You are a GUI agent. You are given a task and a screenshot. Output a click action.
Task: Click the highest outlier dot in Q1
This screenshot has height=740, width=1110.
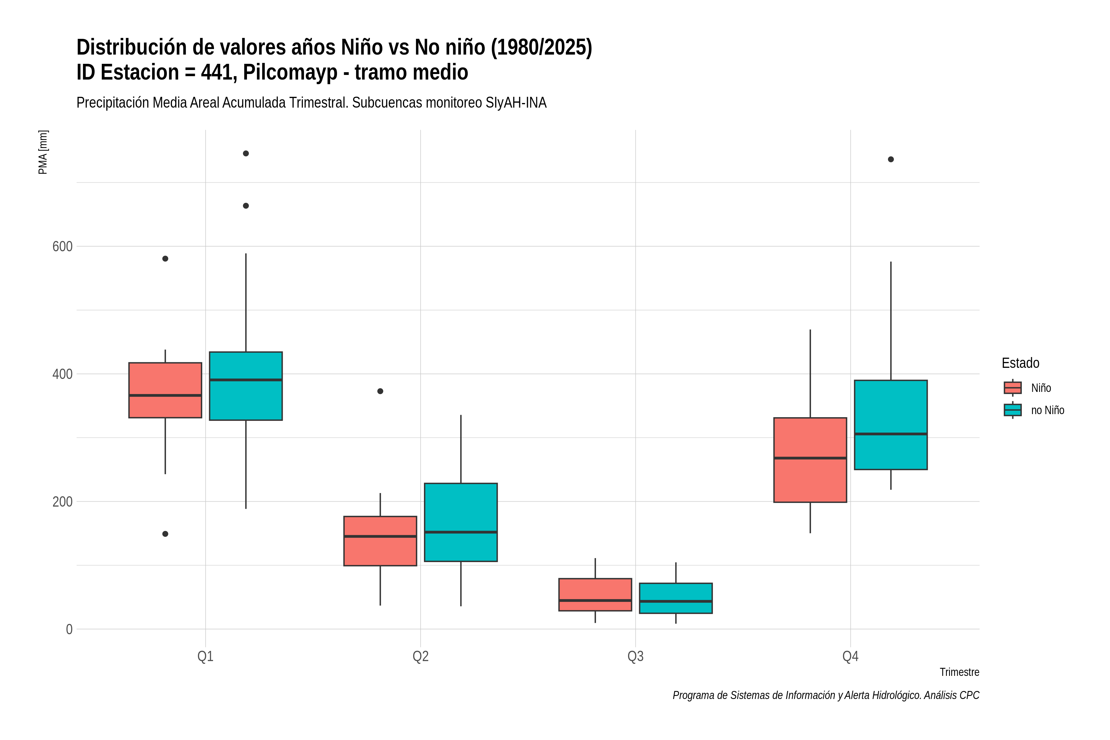tap(246, 153)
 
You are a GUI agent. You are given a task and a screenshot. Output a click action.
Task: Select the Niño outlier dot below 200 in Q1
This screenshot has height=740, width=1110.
tap(165, 534)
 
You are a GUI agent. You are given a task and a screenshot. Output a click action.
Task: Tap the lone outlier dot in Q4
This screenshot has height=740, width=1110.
tap(890, 159)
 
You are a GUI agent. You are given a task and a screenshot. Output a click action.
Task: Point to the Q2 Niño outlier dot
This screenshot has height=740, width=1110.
tap(380, 391)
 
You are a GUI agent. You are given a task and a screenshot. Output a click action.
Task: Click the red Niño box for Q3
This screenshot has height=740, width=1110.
tap(595, 595)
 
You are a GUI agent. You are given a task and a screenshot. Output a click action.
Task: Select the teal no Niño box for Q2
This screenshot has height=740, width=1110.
tap(461, 522)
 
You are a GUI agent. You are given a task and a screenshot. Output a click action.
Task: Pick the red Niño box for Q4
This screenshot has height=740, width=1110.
tap(810, 460)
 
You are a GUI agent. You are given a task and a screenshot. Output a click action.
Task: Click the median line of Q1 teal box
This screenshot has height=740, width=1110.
tap(246, 380)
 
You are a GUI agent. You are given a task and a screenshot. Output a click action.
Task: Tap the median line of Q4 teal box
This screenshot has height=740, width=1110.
tap(890, 434)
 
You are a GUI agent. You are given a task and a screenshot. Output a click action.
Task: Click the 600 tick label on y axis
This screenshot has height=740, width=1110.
tap(62, 246)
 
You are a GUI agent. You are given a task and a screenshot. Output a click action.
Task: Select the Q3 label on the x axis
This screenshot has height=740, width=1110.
tap(635, 656)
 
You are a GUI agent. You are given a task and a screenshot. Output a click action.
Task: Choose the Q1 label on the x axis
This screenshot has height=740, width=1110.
tap(205, 656)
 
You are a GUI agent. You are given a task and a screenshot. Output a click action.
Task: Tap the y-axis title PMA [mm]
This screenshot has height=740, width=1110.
tap(43, 152)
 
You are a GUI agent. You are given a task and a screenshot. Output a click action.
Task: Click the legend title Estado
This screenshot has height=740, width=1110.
tap(1020, 363)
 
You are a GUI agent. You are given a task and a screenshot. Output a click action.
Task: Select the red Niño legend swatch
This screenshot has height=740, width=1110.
tap(1012, 388)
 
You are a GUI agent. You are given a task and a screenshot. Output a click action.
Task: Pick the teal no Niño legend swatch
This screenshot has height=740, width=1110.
tap(1012, 410)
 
